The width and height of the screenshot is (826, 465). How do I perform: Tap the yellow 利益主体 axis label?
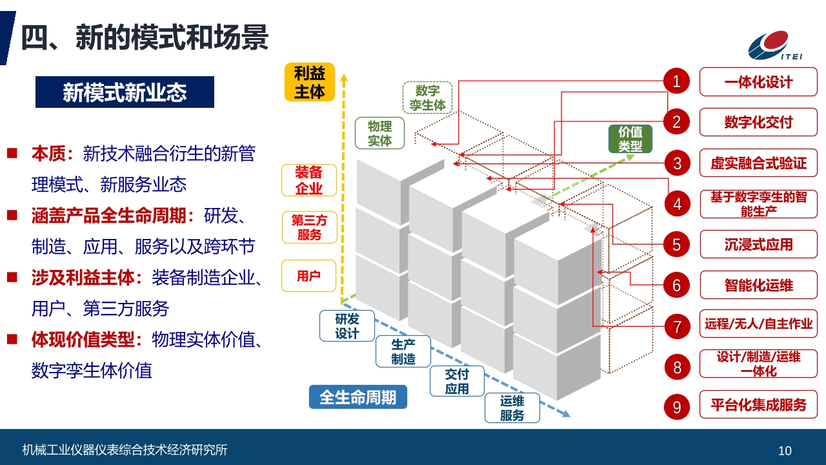(309, 82)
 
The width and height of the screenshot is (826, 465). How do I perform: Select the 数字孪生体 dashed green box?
(427, 98)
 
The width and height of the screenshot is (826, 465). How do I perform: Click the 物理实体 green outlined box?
(379, 133)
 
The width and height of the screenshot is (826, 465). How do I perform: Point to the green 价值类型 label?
(630, 139)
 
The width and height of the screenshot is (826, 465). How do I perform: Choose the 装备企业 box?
(309, 180)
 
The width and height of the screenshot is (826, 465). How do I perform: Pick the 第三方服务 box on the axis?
(309, 227)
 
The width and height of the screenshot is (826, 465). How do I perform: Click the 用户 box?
(308, 276)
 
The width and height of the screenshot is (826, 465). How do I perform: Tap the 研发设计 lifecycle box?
(347, 326)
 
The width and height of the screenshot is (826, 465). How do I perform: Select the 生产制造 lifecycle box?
(403, 351)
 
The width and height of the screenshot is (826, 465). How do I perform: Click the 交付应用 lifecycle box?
(457, 381)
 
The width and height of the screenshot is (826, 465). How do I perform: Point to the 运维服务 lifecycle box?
(512, 408)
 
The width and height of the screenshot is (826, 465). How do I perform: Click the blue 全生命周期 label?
(358, 397)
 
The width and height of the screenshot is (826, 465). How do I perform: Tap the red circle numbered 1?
(677, 81)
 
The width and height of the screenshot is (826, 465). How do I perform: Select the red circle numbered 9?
(677, 407)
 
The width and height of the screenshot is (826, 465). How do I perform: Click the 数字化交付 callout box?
(758, 122)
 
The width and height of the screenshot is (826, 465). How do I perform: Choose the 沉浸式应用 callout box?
(759, 244)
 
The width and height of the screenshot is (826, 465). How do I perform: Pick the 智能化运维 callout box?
(759, 285)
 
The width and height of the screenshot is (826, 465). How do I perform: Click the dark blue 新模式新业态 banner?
(125, 92)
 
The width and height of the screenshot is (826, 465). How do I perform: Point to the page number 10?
(785, 451)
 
